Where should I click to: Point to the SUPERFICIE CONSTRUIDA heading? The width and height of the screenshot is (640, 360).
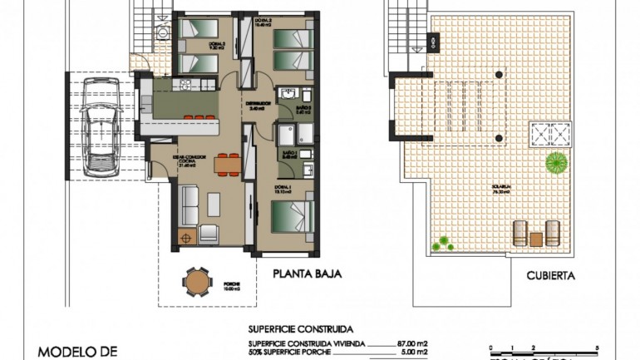[x=301, y=328]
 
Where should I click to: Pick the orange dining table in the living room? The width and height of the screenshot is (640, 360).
[x=224, y=164]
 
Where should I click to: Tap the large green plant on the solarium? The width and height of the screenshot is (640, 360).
[x=557, y=161]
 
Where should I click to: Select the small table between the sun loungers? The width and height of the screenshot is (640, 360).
[x=536, y=239]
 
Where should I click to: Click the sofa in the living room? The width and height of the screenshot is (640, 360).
[x=188, y=205]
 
